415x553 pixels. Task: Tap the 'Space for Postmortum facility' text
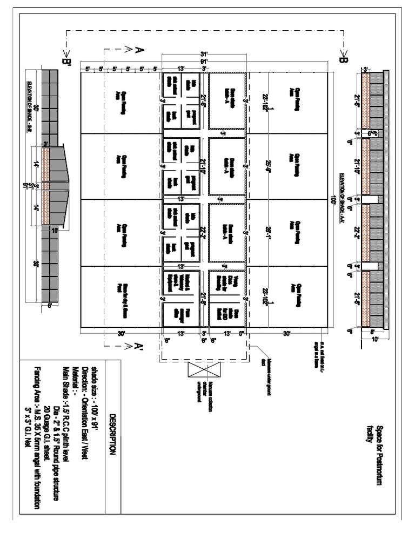point(374,451)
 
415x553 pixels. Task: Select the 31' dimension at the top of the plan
point(204,55)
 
